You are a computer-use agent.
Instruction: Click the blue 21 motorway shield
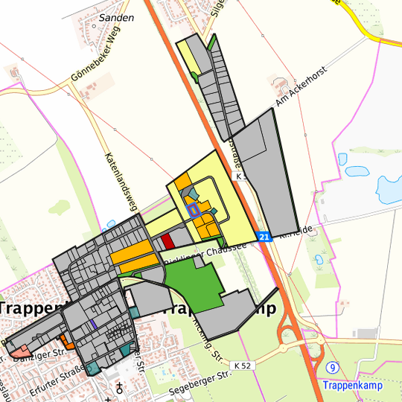click(x=264, y=236)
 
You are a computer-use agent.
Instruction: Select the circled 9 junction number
click(x=332, y=368)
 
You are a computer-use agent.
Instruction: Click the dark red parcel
click(x=167, y=241)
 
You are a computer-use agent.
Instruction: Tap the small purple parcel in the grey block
click(x=93, y=324)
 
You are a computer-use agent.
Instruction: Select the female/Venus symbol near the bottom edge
click(x=119, y=387)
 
